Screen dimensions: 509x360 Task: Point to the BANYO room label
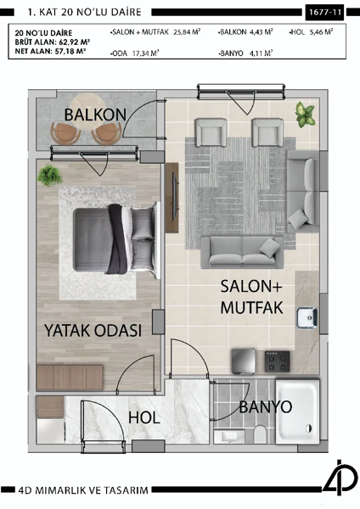(266, 407)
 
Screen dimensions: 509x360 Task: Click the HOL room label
(144, 417)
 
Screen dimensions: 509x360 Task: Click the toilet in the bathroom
(262, 435)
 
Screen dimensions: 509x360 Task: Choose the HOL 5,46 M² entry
(311, 31)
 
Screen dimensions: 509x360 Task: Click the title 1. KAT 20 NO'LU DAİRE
(85, 13)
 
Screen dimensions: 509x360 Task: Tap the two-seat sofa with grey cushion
(242, 249)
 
